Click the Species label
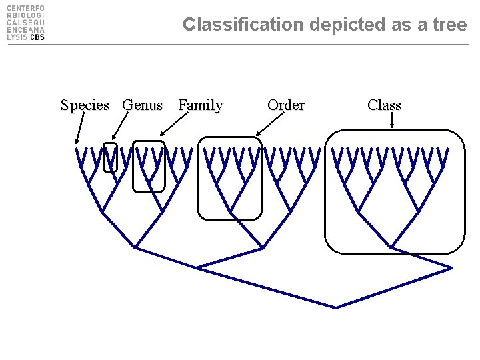click(85, 105)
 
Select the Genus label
click(143, 105)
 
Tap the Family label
click(201, 105)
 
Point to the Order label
click(286, 105)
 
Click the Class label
click(384, 105)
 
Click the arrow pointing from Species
click(80, 127)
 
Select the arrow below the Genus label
click(120, 126)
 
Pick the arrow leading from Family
click(174, 124)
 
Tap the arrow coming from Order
click(270, 124)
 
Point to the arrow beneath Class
click(392, 120)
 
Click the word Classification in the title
click(243, 25)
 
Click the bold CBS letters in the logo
click(37, 37)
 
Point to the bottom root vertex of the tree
click(336, 307)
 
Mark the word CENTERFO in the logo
click(25, 8)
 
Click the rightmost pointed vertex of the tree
click(451, 268)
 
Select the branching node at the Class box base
click(391, 247)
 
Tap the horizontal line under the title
click(238, 45)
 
